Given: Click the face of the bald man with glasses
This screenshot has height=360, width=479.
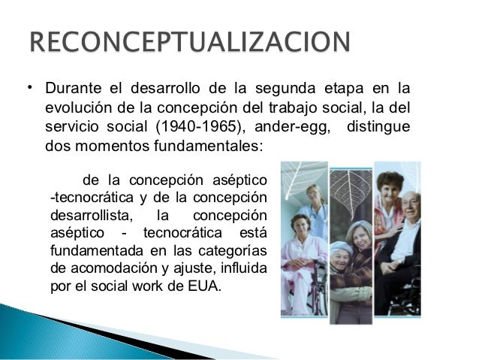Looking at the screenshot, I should [x=409, y=206].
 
